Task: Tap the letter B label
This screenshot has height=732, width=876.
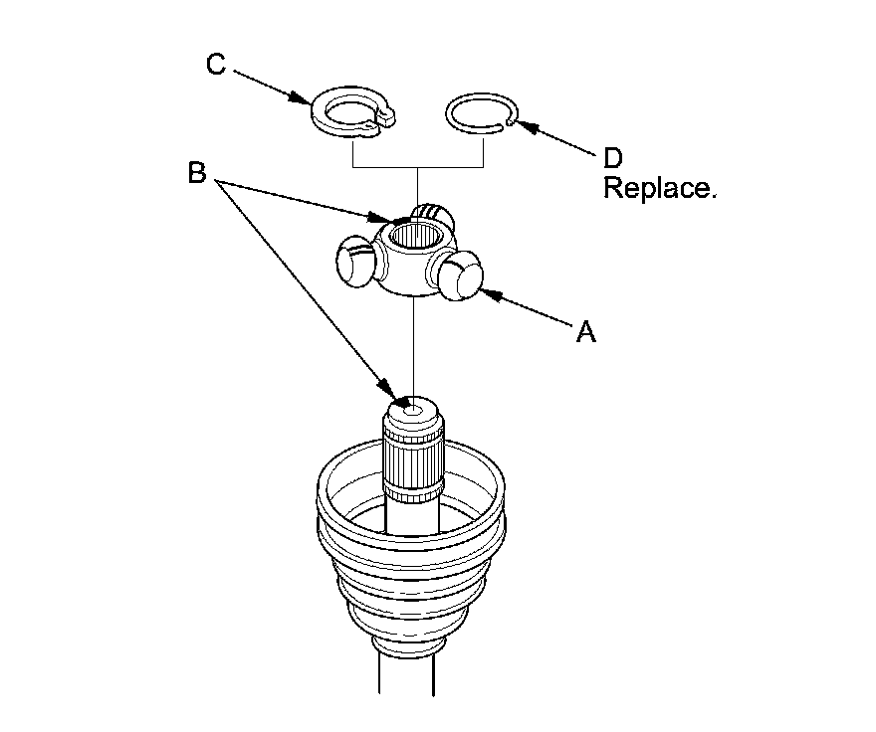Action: pyautogui.click(x=197, y=173)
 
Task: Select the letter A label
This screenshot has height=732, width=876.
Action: pyautogui.click(x=586, y=333)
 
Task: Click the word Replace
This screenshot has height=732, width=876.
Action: pyautogui.click(x=659, y=189)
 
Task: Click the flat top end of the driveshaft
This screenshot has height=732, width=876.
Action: pyautogui.click(x=411, y=409)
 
